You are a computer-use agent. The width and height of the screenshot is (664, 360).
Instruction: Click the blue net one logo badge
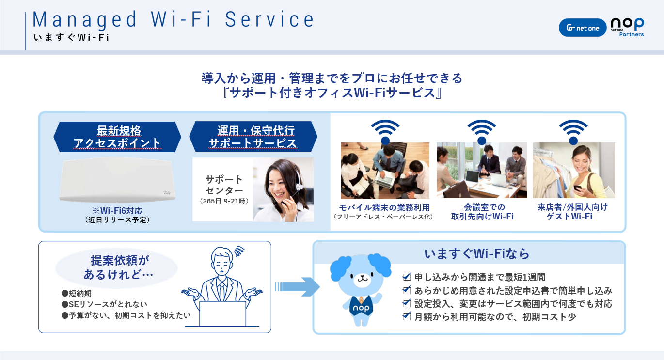[x=583, y=28]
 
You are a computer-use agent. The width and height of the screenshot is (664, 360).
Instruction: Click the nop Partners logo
[x=627, y=27]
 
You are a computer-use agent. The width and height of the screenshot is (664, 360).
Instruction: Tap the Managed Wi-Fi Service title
[x=173, y=19]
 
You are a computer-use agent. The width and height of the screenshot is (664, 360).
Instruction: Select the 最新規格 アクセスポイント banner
[x=117, y=137]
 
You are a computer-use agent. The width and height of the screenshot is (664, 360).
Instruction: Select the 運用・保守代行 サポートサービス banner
[x=253, y=136]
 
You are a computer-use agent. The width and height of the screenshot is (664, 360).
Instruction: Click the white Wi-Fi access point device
[x=117, y=180]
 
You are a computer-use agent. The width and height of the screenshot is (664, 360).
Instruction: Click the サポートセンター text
[x=224, y=185]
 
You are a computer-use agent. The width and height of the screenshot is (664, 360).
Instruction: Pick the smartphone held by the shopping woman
[x=577, y=188]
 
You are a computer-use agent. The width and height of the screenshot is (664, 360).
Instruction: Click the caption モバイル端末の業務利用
[x=384, y=207]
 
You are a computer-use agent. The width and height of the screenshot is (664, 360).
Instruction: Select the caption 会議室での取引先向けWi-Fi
[x=482, y=212]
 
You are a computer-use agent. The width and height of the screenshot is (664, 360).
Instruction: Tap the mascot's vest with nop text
[x=361, y=307]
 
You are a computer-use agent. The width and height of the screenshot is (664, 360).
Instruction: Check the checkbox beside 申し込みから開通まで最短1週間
[x=407, y=277]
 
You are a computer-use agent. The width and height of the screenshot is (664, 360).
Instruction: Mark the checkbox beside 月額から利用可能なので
[x=407, y=316]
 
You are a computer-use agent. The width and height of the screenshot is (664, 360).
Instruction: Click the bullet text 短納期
[x=80, y=293]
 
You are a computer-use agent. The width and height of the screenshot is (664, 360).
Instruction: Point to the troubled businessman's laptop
[x=222, y=314]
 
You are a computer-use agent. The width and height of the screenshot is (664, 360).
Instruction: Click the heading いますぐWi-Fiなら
[x=476, y=253]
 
